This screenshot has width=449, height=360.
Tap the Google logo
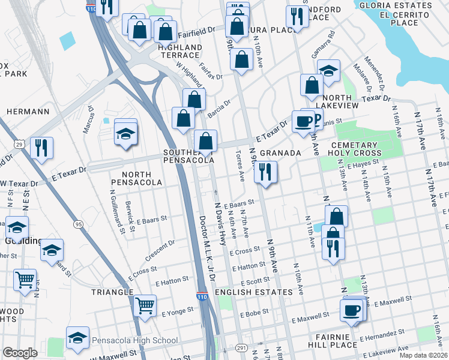tap(20, 353)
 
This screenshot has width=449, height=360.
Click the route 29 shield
tap(19, 145)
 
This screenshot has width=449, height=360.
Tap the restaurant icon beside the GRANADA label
tap(264, 172)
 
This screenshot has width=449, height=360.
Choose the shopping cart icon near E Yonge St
tap(145, 305)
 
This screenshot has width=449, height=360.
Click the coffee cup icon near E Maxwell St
tap(352, 310)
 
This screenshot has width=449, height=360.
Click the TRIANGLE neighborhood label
tap(112, 292)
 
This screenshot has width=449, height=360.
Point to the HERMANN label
tap(28, 112)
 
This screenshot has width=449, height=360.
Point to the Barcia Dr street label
tap(219, 106)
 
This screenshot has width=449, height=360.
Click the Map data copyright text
tap(423, 355)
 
